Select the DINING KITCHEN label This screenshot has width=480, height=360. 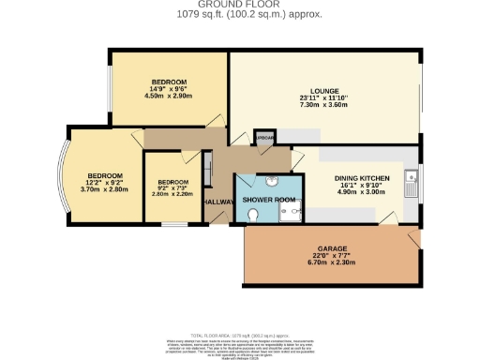tap(359, 176)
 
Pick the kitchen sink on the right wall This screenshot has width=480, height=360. tap(412, 180)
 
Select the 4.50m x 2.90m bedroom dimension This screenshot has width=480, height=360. tap(168, 96)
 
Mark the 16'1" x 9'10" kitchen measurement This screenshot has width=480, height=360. tap(359, 185)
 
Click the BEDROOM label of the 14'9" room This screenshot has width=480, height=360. tap(169, 81)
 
